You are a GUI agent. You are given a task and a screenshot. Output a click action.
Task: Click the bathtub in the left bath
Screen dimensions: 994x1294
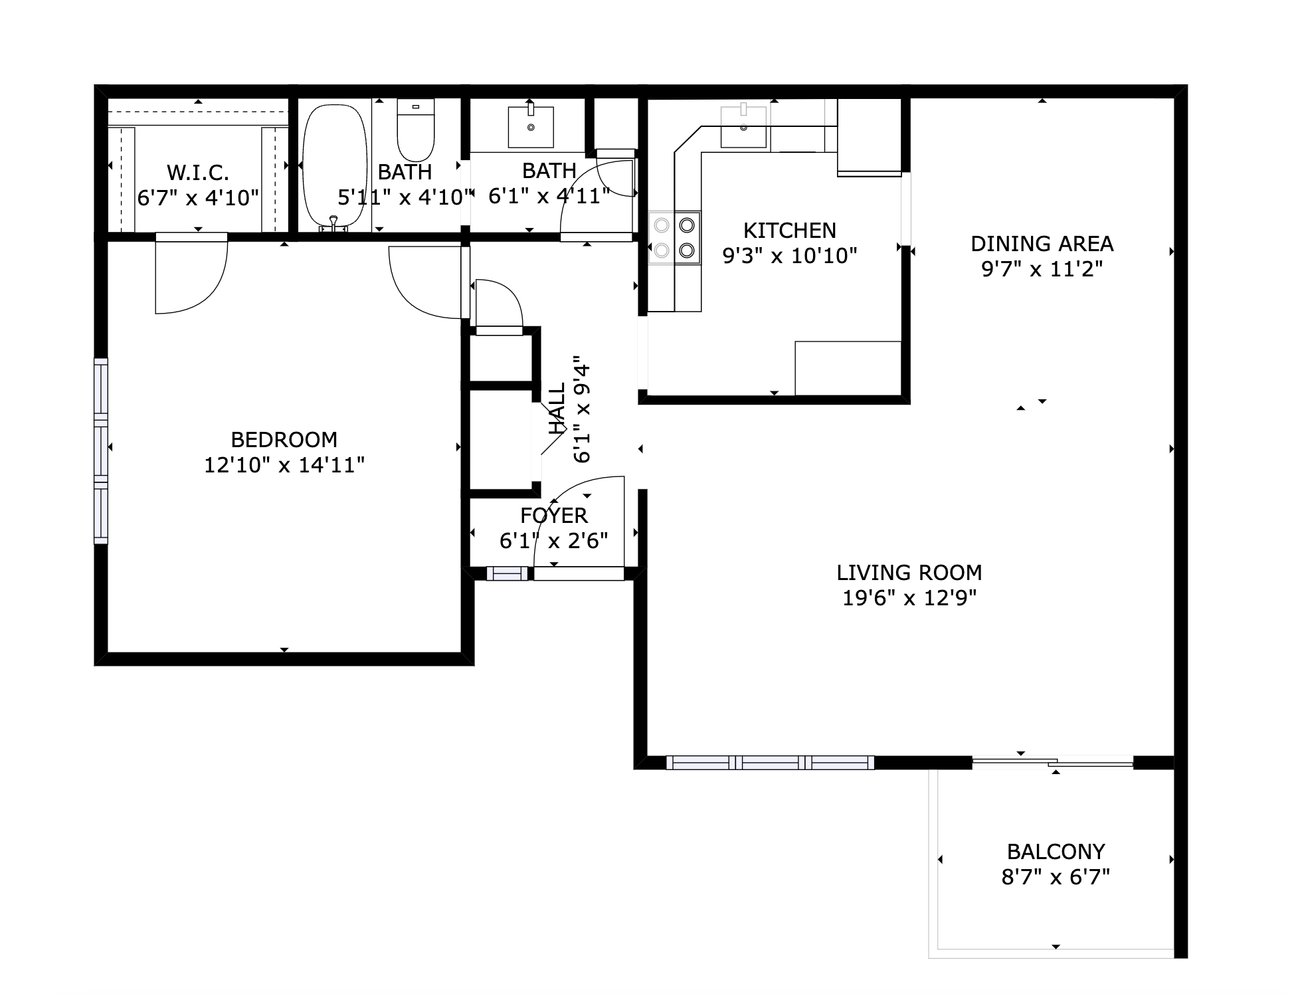(335, 166)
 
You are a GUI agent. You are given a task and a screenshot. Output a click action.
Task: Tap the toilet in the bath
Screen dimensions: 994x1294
(415, 130)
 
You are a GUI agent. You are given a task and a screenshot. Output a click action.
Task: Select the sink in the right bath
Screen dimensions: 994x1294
(530, 127)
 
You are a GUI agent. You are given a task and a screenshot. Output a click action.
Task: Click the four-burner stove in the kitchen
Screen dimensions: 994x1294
(674, 238)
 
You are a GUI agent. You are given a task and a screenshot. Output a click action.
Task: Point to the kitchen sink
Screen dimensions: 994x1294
(743, 127)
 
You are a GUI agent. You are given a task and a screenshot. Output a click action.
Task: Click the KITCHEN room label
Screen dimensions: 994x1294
(789, 231)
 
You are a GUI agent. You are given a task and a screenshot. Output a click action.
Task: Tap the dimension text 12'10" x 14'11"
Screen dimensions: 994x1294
(284, 465)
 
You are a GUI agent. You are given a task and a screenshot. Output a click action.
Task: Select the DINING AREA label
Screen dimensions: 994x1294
(1042, 244)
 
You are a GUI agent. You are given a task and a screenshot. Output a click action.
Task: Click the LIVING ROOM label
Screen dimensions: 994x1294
(909, 573)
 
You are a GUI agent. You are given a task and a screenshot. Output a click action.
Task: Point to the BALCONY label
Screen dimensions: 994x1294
(1056, 852)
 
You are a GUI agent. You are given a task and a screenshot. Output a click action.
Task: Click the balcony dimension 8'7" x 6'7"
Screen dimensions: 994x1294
(1056, 878)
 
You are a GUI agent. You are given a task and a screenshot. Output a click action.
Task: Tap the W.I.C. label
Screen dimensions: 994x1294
(198, 173)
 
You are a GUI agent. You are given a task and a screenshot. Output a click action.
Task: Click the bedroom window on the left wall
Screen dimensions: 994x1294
(100, 451)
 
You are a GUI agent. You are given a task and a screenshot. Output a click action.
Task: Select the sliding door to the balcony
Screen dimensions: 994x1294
(1052, 763)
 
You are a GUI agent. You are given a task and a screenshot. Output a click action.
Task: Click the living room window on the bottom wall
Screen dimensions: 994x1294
(770, 763)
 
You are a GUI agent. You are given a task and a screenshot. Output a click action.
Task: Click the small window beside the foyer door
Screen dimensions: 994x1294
(507, 573)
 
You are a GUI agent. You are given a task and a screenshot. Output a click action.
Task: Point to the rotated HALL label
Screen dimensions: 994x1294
(557, 409)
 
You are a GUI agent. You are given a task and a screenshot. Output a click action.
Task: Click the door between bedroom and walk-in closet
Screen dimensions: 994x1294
(191, 272)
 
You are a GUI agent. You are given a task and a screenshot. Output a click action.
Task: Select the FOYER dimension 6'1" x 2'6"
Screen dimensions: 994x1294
(553, 541)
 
